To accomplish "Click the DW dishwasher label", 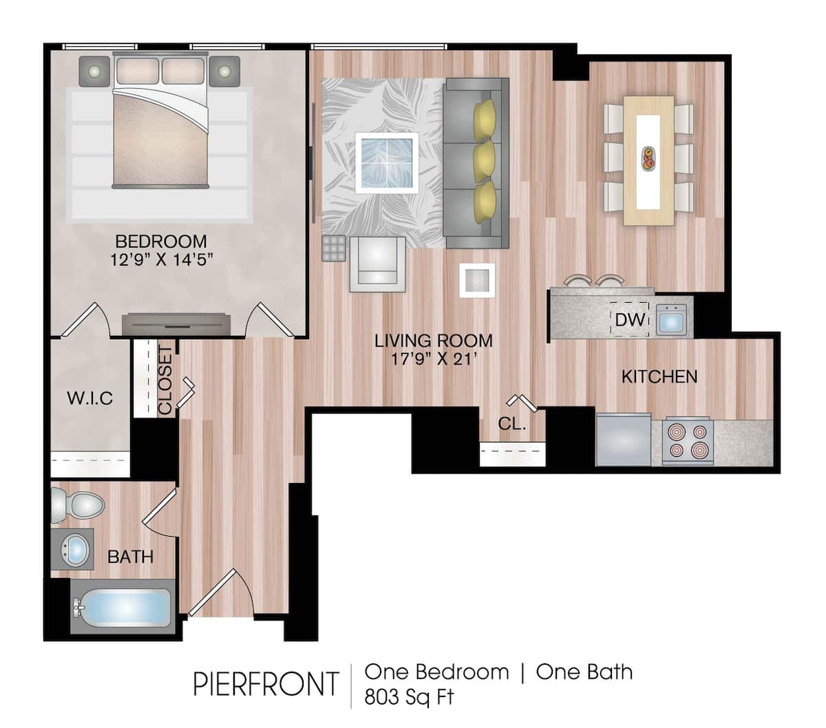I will (x=629, y=320).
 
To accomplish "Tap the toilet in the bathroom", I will (x=77, y=506).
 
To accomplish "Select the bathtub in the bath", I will (x=124, y=609).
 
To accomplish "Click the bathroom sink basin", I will (x=74, y=549).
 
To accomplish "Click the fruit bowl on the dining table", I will (x=648, y=158).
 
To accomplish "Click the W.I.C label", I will (x=89, y=398).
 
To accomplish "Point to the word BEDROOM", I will (x=160, y=242).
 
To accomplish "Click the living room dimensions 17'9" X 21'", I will (x=434, y=359).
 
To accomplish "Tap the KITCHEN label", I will (x=659, y=377).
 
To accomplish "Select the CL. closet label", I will (x=511, y=425).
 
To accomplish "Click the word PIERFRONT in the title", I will (x=266, y=684).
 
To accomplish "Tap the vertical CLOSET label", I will (x=166, y=381).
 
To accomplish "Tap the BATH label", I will (x=130, y=556).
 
